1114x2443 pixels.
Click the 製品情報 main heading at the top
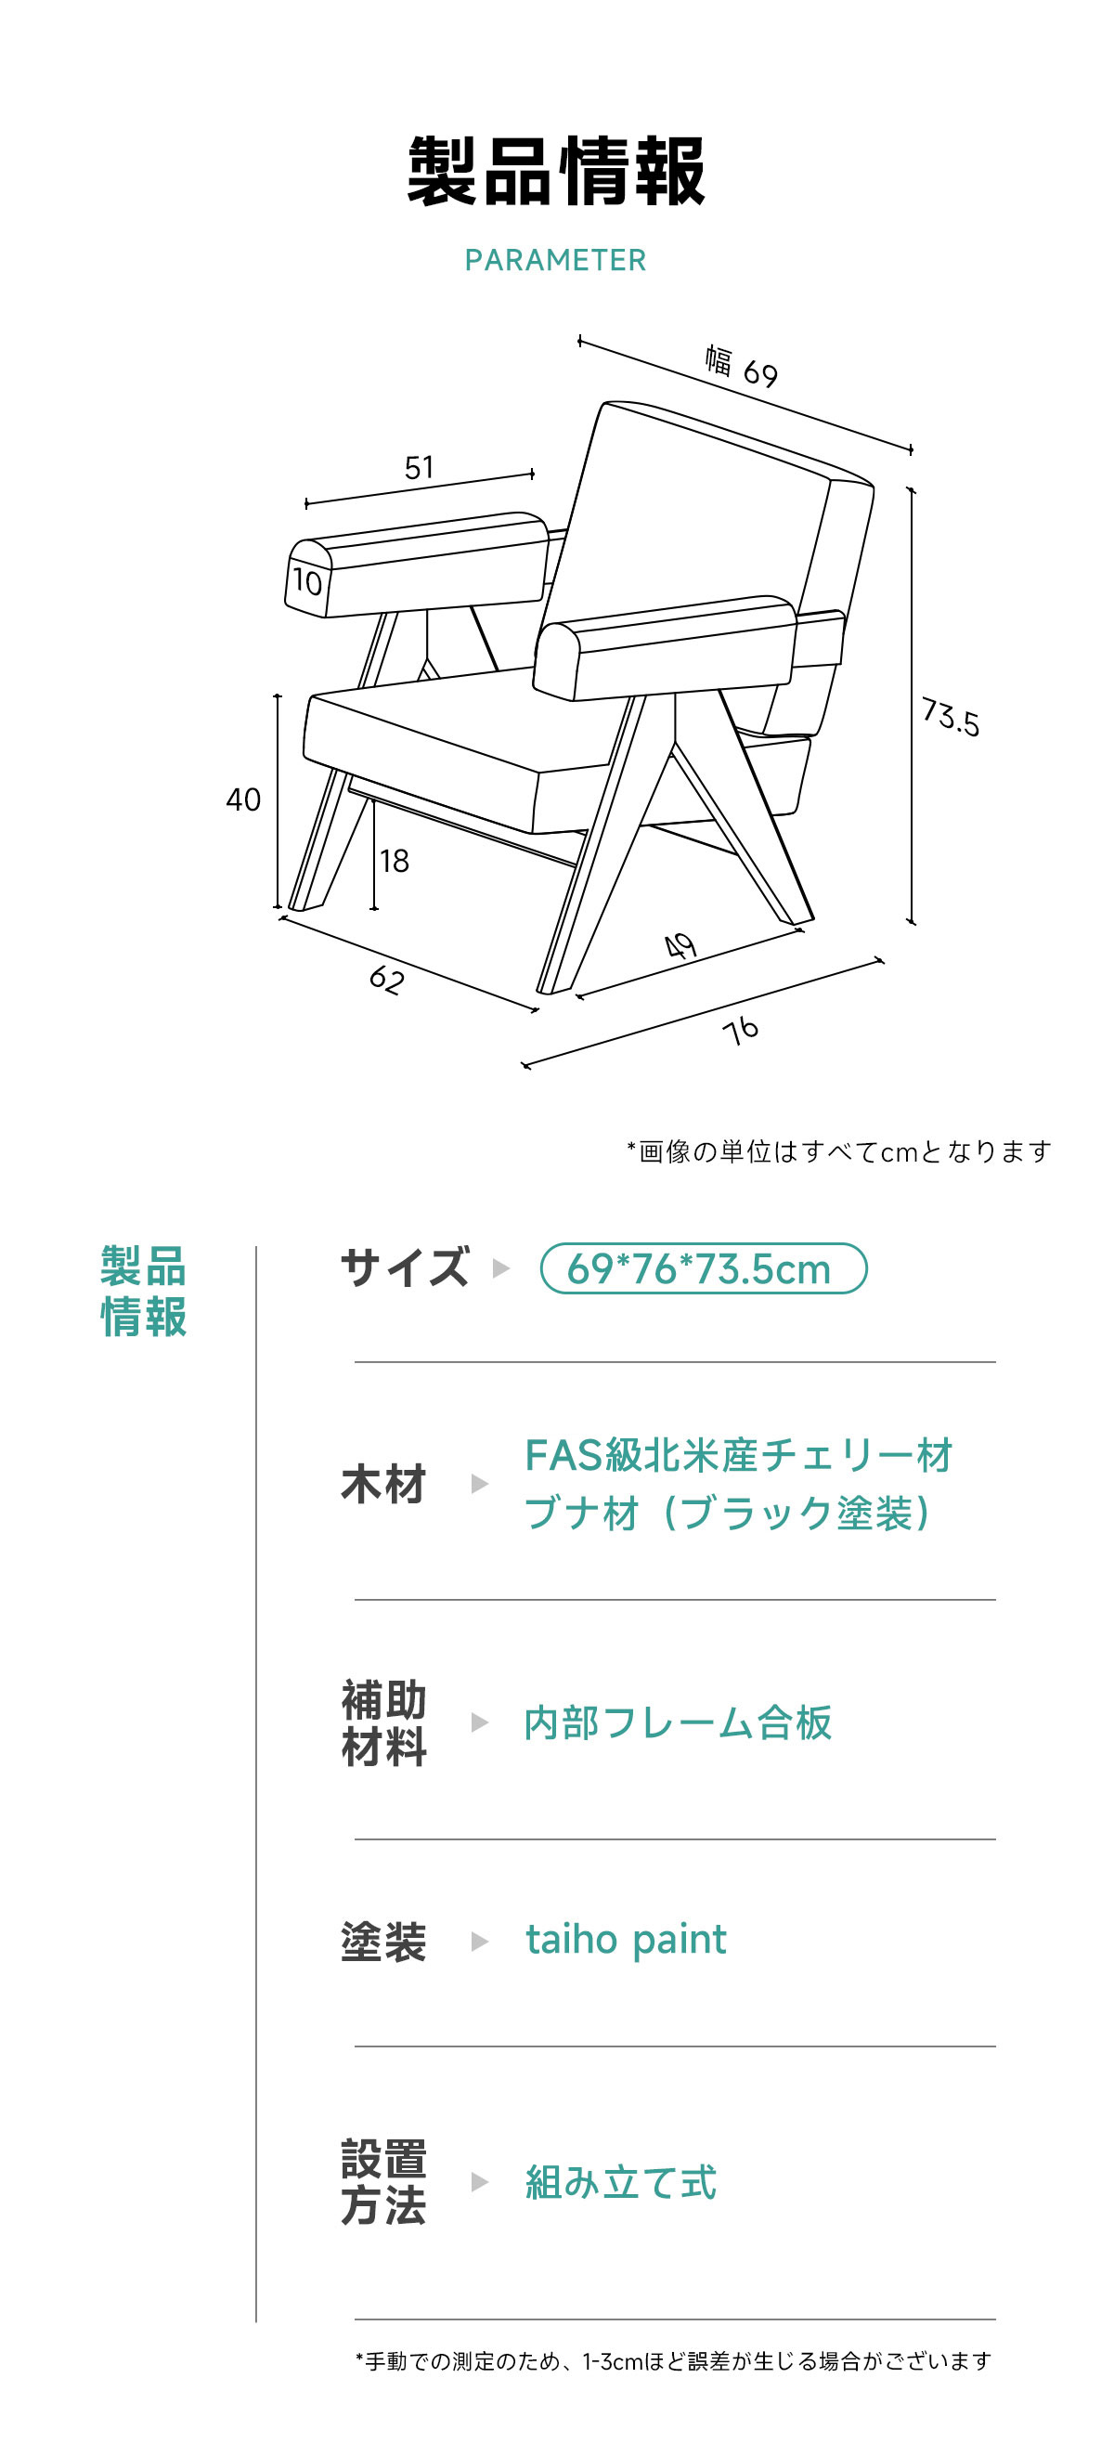click(556, 172)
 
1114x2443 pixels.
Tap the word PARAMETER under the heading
click(555, 260)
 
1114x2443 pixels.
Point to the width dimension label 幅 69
click(742, 367)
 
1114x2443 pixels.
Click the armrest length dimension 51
click(419, 468)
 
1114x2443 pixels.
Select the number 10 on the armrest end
click(307, 581)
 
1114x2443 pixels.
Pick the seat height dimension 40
click(243, 799)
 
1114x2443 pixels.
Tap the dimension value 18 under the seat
click(395, 861)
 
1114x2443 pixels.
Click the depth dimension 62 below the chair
click(387, 979)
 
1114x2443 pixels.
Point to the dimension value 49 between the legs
click(680, 945)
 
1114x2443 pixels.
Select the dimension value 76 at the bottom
click(741, 1030)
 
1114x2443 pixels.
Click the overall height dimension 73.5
click(951, 717)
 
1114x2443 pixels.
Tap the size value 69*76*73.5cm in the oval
click(699, 1269)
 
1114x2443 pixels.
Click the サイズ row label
click(405, 1267)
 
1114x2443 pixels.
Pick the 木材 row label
click(384, 1484)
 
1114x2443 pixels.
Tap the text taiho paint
click(627, 1940)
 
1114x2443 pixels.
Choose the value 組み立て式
click(621, 2182)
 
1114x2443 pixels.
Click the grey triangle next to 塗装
click(480, 1943)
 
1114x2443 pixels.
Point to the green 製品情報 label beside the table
click(144, 1292)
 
